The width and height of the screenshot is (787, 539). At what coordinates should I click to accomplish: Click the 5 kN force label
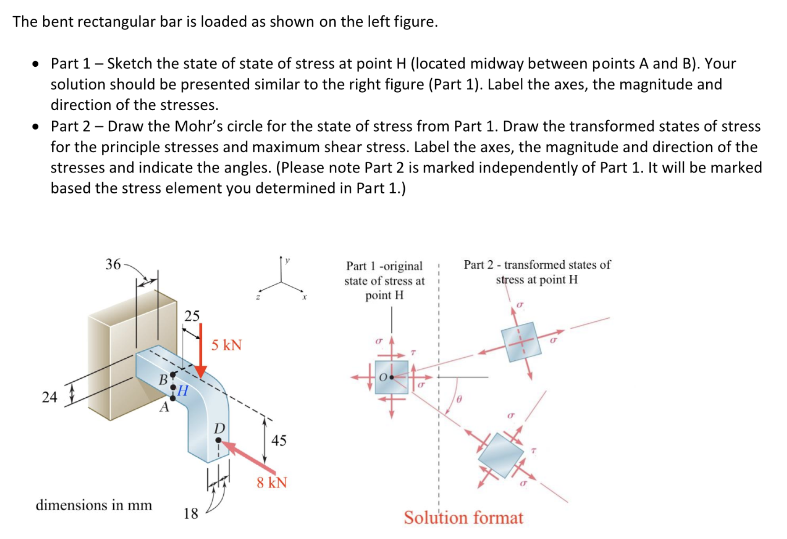coord(226,345)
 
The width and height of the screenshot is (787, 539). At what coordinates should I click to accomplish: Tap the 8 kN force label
coord(272,483)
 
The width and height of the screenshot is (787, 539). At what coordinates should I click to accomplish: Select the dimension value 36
coord(113,264)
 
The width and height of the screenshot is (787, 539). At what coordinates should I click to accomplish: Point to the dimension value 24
coord(50,397)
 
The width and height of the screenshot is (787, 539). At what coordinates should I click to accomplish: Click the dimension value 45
coord(279,440)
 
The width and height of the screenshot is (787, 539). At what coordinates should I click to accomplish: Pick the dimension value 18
coord(191,514)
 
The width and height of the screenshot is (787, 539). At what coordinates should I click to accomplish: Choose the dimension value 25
coord(192,316)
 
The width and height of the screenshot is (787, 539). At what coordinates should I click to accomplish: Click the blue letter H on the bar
coord(182,390)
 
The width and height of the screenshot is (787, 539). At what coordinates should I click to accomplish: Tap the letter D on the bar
coord(219,428)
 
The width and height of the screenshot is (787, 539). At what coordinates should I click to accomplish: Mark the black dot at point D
coord(218,440)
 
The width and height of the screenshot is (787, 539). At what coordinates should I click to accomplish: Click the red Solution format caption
coord(463,518)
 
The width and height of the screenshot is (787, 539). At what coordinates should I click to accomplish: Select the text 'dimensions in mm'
coord(94,505)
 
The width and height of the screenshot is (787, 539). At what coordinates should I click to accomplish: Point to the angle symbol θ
coord(459,399)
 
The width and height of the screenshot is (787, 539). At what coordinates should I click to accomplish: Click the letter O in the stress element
coord(383,377)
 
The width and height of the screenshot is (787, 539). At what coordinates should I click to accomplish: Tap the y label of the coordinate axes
coord(287,260)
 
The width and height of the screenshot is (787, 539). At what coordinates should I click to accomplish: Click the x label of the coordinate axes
coord(304,297)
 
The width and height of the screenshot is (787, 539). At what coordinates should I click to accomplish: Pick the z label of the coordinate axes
coord(258,297)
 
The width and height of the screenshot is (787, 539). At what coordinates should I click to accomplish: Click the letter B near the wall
coord(163,380)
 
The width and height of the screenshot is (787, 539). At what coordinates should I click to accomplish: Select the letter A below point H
coord(164,407)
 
